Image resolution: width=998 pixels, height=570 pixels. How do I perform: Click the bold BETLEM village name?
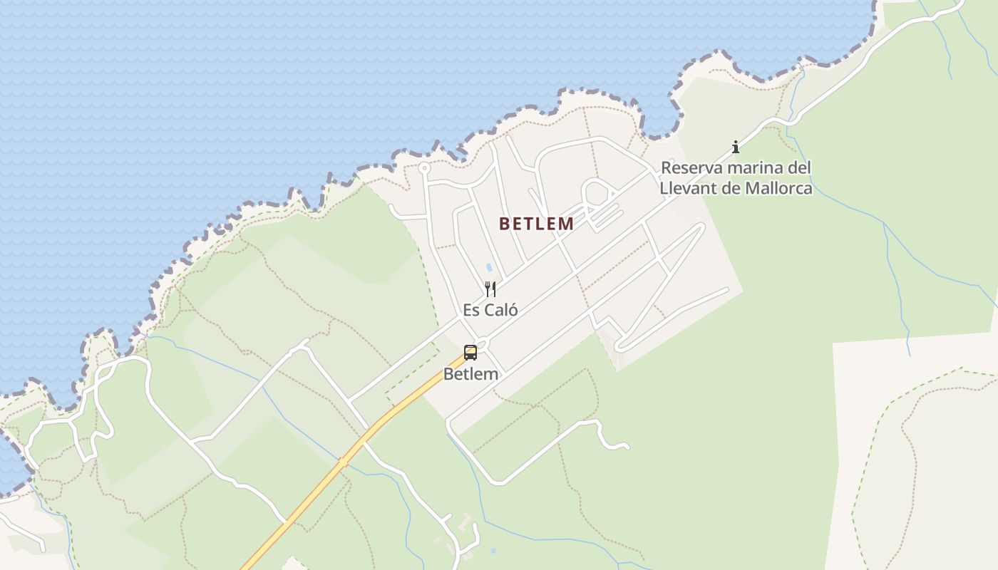tap(536, 224)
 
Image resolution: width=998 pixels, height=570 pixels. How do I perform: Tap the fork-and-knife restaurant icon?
tap(490, 289)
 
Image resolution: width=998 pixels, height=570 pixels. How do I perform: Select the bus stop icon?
tap(470, 352)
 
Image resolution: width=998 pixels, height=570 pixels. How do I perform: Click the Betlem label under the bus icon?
tap(470, 373)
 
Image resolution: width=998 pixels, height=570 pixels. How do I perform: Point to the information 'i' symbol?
tap(736, 147)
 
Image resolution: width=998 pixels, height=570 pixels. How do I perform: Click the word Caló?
tap(500, 310)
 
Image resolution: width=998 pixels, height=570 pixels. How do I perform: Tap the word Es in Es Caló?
tap(471, 310)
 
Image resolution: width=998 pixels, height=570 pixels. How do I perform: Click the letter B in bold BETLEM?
tap(504, 224)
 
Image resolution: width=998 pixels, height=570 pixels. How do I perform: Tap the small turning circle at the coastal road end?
tap(424, 169)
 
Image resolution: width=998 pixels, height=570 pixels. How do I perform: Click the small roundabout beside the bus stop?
tap(483, 344)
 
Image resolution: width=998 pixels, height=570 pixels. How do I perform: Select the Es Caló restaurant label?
tap(490, 310)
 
